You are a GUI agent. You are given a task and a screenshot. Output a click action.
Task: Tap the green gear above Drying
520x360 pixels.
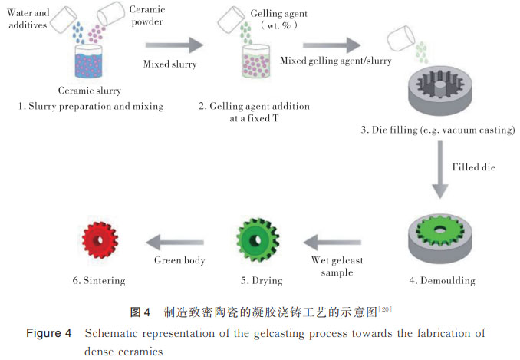[x=260, y=241]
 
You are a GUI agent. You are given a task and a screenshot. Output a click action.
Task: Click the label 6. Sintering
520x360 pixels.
[x=99, y=281]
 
